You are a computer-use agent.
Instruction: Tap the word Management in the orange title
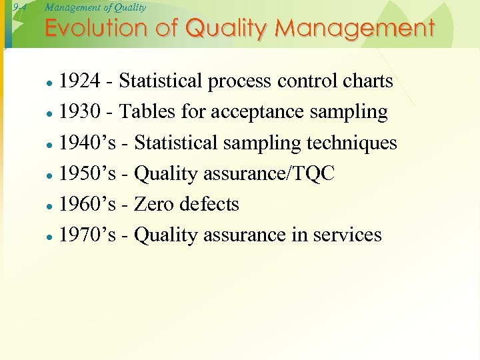click(355, 29)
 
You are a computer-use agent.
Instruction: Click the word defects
click(213, 204)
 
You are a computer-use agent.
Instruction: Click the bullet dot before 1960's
click(49, 206)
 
